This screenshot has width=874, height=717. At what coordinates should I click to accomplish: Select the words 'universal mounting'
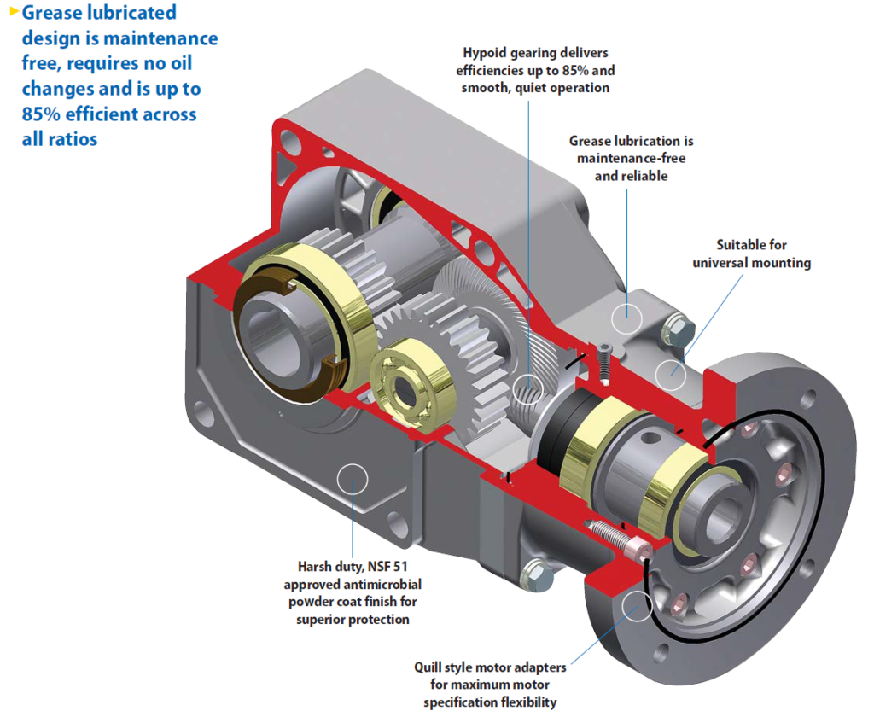(751, 263)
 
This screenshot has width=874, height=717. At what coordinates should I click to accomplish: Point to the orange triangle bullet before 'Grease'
(13, 11)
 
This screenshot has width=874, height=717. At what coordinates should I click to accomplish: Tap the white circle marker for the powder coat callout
(353, 479)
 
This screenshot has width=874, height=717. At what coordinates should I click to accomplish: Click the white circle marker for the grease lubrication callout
(627, 315)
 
